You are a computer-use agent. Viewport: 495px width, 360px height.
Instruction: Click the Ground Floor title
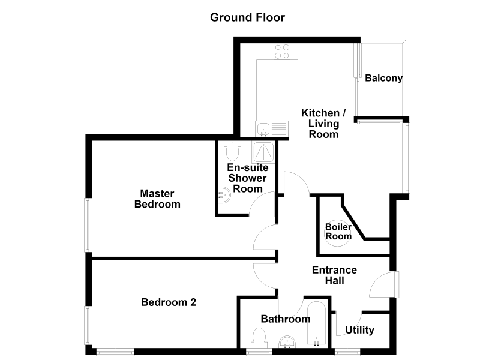pyautogui.click(x=247, y=17)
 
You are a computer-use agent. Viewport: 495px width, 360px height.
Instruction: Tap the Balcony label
pyautogui.click(x=383, y=78)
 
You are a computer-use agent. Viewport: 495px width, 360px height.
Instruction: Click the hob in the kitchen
pyautogui.click(x=282, y=52)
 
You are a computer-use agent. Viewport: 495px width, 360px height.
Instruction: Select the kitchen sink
pyautogui.click(x=272, y=129)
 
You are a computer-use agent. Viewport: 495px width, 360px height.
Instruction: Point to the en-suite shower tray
pyautogui.click(x=263, y=152)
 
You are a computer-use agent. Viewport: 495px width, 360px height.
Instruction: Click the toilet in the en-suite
pyautogui.click(x=233, y=150)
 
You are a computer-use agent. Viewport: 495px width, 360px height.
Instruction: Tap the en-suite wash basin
pyautogui.click(x=224, y=195)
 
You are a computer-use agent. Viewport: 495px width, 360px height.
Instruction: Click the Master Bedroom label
pyautogui.click(x=157, y=199)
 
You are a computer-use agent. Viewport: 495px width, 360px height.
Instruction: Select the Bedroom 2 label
pyautogui.click(x=169, y=302)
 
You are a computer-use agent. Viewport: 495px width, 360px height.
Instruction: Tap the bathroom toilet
pyautogui.click(x=259, y=338)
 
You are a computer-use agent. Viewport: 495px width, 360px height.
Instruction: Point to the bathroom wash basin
pyautogui.click(x=287, y=341)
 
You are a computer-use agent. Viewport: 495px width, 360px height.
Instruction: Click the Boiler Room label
pyautogui.click(x=338, y=232)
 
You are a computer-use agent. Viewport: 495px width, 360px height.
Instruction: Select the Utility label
pyautogui.click(x=359, y=330)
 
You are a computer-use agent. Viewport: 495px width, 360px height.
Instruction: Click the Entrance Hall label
pyautogui.click(x=334, y=275)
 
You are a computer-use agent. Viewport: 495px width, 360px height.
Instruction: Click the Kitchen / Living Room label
pyautogui.click(x=323, y=124)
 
